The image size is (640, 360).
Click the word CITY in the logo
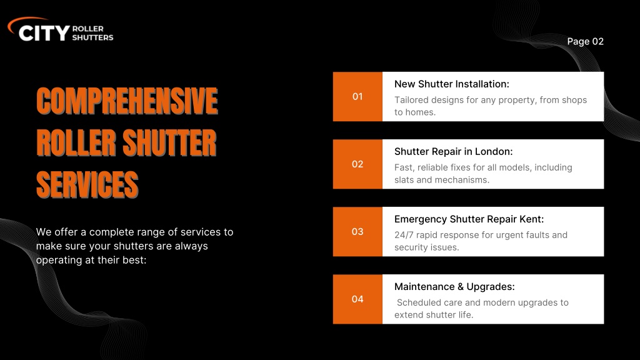point(44,33)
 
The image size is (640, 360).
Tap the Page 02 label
point(585,42)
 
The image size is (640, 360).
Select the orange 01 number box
point(357,96)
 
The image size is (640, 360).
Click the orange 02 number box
point(357,164)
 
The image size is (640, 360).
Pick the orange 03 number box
point(357,231)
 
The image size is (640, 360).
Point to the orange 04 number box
point(357,299)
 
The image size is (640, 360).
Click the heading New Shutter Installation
point(451,84)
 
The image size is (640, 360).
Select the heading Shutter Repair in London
point(453,152)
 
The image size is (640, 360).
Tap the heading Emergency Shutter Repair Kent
point(469,219)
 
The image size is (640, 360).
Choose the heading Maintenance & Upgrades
point(454,287)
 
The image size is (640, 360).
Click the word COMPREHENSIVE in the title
point(127,101)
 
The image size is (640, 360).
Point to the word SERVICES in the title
point(87,185)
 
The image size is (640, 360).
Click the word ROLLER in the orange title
point(76,143)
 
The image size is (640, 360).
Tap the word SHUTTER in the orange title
point(169,143)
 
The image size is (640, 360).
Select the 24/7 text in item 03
point(404,235)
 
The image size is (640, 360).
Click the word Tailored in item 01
point(411,100)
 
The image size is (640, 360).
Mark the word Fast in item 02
point(404,167)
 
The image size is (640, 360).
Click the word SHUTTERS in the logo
point(92,37)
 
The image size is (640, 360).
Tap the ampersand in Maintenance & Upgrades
point(461,287)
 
